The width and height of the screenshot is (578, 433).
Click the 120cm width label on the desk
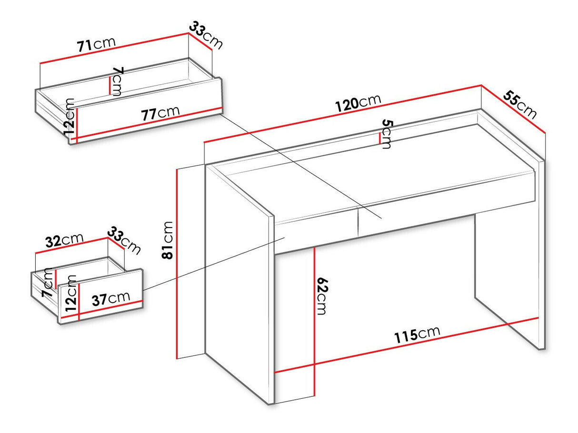point(358,103)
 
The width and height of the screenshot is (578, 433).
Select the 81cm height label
point(168,240)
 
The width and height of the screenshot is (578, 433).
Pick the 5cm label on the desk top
point(387,134)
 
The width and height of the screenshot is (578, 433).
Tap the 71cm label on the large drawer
point(96,44)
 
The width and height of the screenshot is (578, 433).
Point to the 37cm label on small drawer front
point(111,298)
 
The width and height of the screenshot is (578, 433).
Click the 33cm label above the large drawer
point(206,35)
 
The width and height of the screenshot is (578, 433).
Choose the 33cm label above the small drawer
point(124,240)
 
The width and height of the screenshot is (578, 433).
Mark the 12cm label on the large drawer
point(70,117)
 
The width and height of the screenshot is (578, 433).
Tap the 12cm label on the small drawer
point(71,294)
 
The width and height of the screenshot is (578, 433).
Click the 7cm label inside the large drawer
point(118,81)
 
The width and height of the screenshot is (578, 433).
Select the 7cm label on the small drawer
point(48,283)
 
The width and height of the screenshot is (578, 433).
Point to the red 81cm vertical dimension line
point(177,264)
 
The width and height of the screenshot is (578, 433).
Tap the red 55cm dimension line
point(513,109)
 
